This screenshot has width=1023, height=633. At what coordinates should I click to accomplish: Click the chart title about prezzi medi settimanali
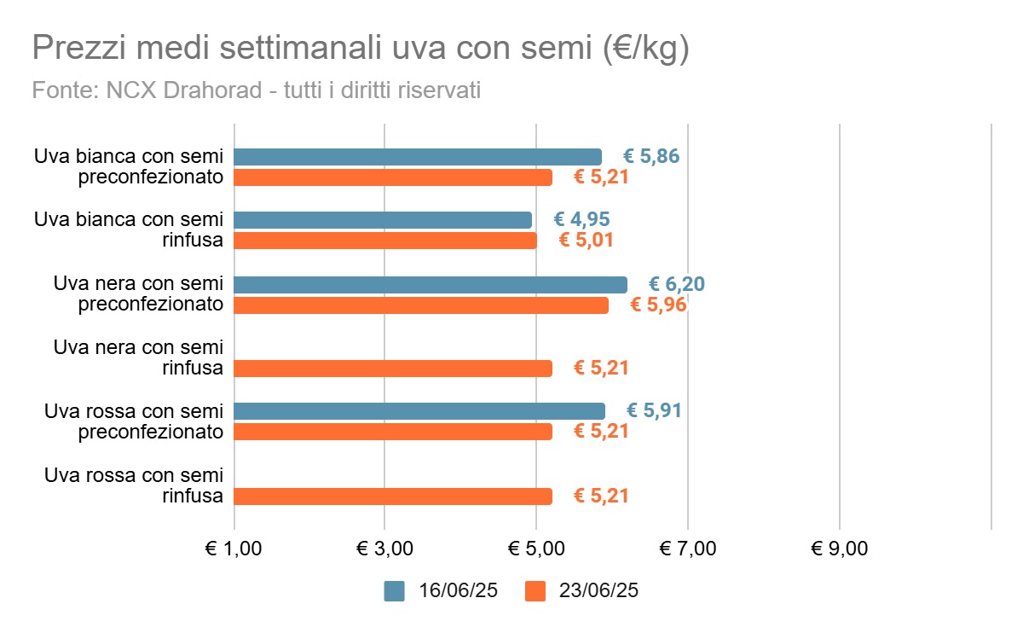tap(360, 49)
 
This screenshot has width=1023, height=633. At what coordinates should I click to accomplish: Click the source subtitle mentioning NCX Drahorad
tap(256, 90)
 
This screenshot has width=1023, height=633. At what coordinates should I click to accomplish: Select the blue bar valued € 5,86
tap(417, 157)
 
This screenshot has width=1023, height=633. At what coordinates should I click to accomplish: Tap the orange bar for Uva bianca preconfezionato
tap(392, 177)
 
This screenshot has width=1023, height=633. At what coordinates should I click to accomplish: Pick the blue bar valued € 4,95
tap(382, 220)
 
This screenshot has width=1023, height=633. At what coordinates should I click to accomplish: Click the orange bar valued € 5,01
tap(384, 241)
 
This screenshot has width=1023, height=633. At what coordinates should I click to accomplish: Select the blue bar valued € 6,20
tap(430, 285)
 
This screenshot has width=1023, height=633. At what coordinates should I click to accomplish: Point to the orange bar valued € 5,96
tap(420, 305)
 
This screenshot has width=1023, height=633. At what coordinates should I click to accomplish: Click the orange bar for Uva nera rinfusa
tap(392, 369)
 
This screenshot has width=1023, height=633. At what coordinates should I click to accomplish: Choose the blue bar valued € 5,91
tap(419, 411)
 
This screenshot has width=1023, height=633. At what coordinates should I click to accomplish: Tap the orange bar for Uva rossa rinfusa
tap(392, 497)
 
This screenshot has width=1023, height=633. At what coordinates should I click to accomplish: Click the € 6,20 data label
tap(676, 285)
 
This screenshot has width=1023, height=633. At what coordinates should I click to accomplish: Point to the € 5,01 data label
tap(586, 241)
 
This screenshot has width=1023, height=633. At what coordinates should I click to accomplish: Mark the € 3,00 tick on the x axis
tap(384, 549)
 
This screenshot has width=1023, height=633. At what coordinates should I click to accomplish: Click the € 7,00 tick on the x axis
tap(688, 549)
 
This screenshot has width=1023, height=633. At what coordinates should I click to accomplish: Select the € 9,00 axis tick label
tap(840, 549)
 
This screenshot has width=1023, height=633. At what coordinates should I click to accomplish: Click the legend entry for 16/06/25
tap(441, 591)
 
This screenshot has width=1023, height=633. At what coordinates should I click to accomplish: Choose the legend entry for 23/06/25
tap(581, 591)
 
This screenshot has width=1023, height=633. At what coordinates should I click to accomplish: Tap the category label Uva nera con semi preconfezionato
tap(138, 294)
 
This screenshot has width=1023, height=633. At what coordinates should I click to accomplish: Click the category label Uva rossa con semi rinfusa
tap(134, 485)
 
